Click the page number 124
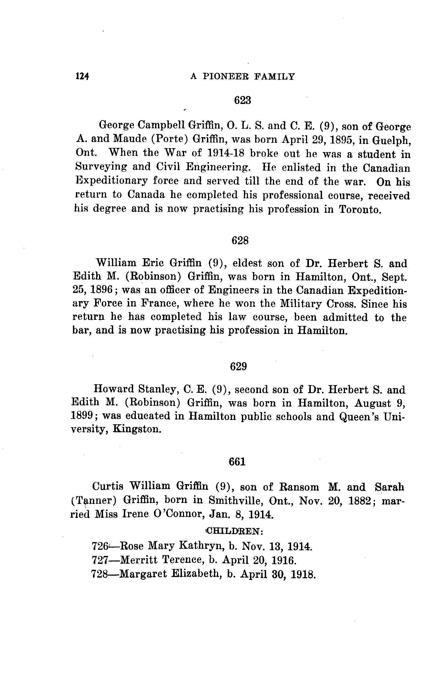[x=82, y=76]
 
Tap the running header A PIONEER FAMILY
[x=242, y=76]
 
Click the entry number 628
[x=240, y=240]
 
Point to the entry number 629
[x=238, y=366]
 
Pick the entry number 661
[x=237, y=462]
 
